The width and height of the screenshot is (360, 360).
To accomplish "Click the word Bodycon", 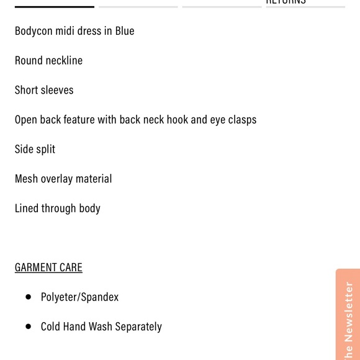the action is pos(34,31).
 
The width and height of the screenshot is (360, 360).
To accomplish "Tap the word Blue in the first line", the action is pos(125,30).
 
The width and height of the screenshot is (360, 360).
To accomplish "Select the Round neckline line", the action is pos(48,60).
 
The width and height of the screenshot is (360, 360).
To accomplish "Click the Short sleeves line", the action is pos(44,90).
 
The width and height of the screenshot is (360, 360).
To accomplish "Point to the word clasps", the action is pos(242,120).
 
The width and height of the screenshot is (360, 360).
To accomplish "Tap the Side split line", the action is pos(35,149).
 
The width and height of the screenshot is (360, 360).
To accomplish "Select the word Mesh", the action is pos(26,179).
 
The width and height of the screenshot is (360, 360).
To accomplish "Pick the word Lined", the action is pos(27,208).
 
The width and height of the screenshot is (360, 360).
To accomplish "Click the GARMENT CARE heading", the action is pos(48,268).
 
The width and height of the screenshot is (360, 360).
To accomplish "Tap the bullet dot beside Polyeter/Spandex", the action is pos(28,297).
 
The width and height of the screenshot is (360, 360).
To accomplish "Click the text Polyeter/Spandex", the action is pos(79,297).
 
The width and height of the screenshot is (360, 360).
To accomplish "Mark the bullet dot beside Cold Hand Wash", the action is pos(28,326).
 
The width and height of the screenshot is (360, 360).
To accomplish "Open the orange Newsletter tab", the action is pos(348,317).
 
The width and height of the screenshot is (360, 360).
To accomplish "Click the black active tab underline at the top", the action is pos(55,7).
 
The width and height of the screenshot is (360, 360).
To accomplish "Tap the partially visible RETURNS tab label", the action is pos(286,2).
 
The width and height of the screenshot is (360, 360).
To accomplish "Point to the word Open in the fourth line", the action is pos(26,120).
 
